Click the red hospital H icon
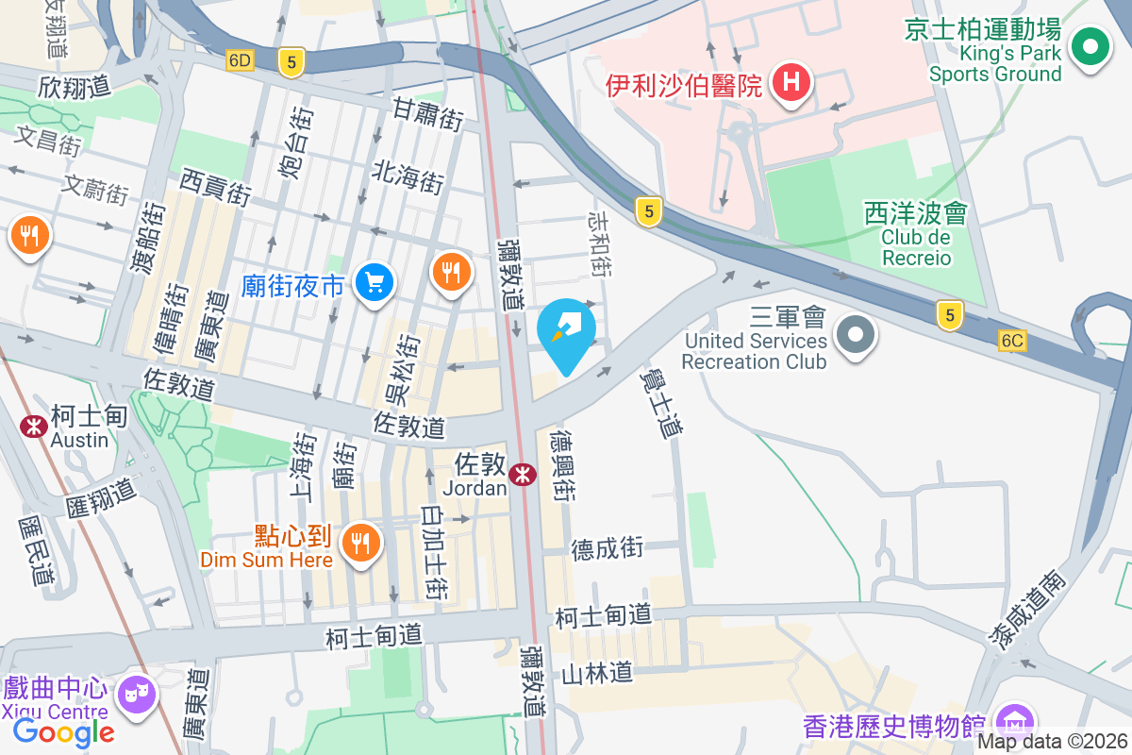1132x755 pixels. coord(792,83)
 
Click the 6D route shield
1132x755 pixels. coord(241,60)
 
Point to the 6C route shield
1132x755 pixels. coord(1013,341)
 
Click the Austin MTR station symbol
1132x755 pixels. coord(35,426)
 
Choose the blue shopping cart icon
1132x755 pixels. coord(375,281)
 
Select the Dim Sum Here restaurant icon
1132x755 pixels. coord(359,543)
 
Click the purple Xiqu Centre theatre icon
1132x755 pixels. coord(137,695)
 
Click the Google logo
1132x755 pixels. coord(63,731)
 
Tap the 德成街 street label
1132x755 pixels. coord(607,548)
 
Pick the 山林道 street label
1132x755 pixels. coord(596,673)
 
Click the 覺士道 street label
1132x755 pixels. coord(659,402)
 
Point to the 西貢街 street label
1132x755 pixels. coord(216,187)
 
